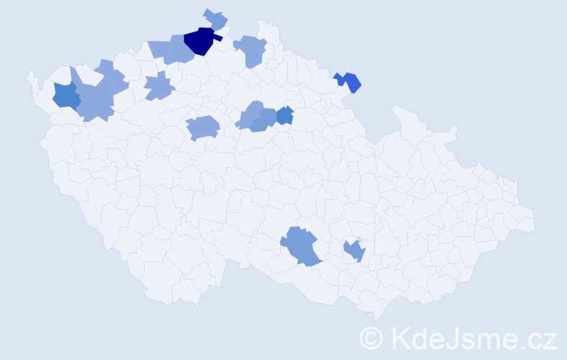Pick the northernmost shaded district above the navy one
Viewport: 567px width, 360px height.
click(215, 19)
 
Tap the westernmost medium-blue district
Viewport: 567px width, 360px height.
click(65, 96)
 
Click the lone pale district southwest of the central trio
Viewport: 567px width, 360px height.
click(202, 128)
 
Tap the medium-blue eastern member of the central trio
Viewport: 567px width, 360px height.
click(285, 115)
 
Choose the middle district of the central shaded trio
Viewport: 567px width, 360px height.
click(265, 119)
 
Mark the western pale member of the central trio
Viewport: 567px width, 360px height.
click(250, 115)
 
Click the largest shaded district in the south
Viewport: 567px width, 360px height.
click(301, 246)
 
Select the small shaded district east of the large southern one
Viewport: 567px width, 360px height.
click(354, 251)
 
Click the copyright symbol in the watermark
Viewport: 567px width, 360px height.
click(371, 337)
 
